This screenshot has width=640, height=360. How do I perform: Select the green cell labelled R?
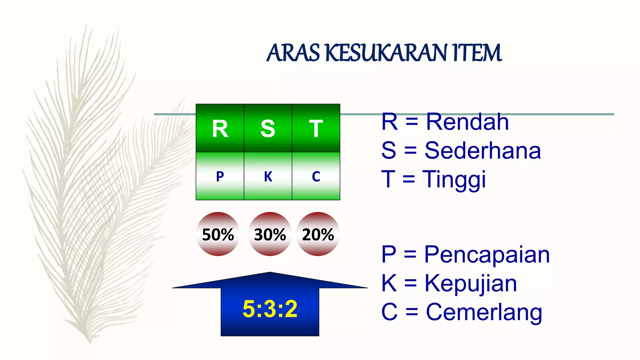(x=220, y=128)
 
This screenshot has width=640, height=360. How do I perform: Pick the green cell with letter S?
(x=268, y=128)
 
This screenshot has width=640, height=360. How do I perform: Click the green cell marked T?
(x=316, y=128)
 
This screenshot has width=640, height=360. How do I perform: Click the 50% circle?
(x=218, y=234)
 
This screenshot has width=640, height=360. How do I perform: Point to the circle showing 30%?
(x=270, y=234)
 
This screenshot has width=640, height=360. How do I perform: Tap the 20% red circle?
(x=318, y=234)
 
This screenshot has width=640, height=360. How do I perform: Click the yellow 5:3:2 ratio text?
(x=270, y=309)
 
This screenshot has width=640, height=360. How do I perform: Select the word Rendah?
(x=467, y=122)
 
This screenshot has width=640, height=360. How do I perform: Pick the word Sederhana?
(x=482, y=151)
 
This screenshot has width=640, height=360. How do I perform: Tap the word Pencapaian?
(x=487, y=255)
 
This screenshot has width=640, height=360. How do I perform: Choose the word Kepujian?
(x=470, y=283)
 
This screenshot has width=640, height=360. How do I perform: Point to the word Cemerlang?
(x=484, y=312)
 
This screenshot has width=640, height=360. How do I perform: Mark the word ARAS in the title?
(x=293, y=53)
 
